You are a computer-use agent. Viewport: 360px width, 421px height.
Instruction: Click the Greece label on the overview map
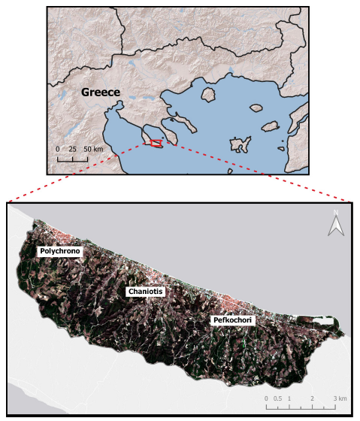point(101,92)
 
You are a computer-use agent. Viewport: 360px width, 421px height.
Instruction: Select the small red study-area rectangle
point(156,142)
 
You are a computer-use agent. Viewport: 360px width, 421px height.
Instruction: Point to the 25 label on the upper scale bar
point(72,149)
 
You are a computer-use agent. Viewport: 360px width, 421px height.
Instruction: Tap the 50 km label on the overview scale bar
point(93,149)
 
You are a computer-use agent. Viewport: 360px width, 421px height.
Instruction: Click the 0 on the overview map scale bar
point(58,149)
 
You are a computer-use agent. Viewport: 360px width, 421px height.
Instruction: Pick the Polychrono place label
point(58,250)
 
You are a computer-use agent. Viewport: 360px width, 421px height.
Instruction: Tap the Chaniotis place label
point(144,291)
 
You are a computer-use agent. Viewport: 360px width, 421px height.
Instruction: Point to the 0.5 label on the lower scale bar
point(280,398)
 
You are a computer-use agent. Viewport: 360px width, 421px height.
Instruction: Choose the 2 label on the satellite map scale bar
point(311,398)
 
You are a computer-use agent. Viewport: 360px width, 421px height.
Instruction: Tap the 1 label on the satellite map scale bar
point(289,398)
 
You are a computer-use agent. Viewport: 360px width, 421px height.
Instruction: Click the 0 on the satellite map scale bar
point(268,398)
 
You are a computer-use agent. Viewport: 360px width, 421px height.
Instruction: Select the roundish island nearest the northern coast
point(207,95)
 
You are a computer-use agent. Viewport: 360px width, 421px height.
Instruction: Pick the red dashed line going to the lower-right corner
point(256,172)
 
